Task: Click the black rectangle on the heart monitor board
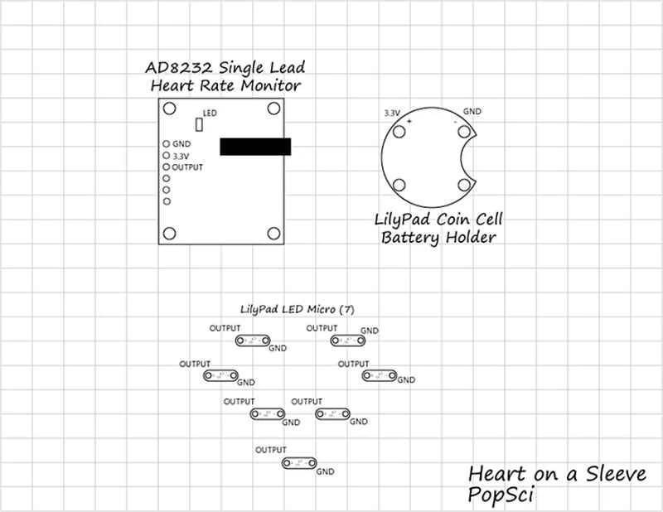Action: [255, 147]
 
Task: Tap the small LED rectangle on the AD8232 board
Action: [198, 124]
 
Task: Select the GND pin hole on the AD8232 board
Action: [166, 143]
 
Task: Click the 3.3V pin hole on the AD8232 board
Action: [166, 155]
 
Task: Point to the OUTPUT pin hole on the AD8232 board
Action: [166, 167]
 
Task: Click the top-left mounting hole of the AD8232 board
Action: [169, 109]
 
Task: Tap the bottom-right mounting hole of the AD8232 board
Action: [272, 232]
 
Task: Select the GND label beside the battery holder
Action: [472, 110]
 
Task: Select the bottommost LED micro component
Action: [298, 463]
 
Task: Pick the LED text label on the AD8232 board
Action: [210, 113]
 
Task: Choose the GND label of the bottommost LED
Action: [325, 473]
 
